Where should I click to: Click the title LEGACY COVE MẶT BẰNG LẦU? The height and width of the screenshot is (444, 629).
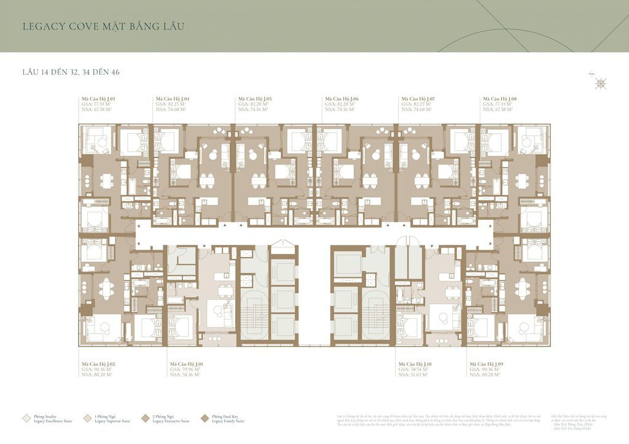click(x=103, y=27)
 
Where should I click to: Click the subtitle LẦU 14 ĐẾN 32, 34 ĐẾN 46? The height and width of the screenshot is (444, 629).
click(x=71, y=72)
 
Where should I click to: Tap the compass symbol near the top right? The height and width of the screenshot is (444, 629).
click(x=601, y=83)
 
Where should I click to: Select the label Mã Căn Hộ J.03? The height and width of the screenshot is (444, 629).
click(x=98, y=98)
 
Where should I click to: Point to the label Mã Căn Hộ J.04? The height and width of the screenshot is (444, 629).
click(x=173, y=98)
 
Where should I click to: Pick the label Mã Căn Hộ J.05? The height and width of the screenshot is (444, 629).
click(x=255, y=98)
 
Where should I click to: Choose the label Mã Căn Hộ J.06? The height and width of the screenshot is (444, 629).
click(x=342, y=98)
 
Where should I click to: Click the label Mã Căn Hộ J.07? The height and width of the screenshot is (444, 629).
click(x=418, y=98)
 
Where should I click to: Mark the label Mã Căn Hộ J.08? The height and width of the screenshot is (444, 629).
click(x=500, y=98)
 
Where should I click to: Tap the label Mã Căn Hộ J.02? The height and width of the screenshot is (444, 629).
click(x=99, y=364)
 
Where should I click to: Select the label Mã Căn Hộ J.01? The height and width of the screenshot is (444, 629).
click(x=187, y=364)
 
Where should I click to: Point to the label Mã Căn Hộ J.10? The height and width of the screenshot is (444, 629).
click(x=416, y=364)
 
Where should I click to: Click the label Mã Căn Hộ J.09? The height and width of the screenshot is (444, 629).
click(x=486, y=364)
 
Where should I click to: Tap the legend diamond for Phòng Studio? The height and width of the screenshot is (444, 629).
click(x=26, y=418)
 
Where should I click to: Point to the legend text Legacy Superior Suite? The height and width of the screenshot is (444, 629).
click(x=112, y=421)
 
